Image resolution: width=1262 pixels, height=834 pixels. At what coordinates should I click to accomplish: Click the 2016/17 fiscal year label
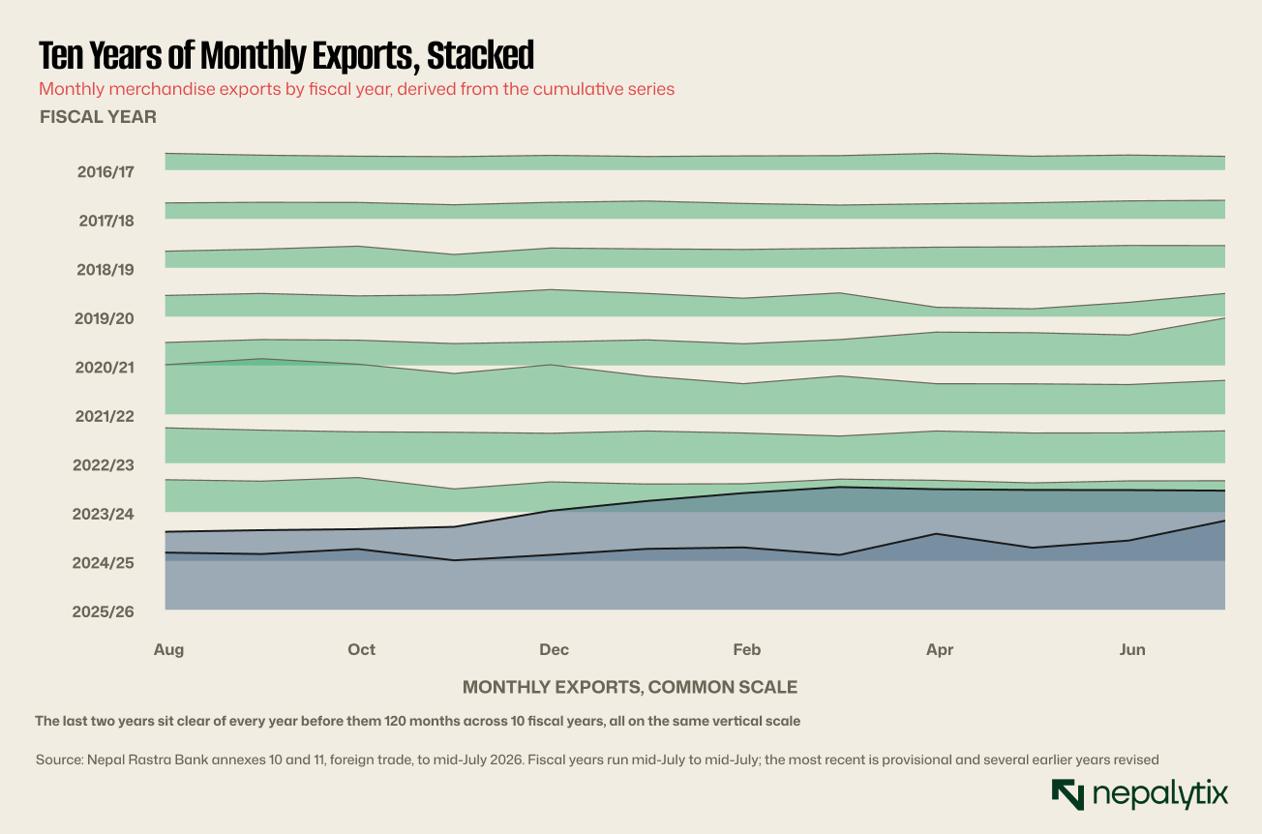105,172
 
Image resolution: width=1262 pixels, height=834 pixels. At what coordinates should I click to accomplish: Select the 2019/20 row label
105,318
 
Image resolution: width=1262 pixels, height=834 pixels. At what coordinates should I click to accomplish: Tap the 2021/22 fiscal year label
105,417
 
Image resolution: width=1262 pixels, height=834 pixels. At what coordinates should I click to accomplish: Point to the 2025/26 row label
104,612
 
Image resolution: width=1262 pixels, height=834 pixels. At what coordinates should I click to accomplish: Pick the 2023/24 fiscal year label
104,514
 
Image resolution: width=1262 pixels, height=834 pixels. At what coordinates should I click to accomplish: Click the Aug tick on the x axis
169,650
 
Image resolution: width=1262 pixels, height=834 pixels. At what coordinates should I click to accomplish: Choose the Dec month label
554,650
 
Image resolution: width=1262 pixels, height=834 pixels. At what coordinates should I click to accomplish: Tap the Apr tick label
940,650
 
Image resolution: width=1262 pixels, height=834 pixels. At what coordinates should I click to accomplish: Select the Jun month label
1132,650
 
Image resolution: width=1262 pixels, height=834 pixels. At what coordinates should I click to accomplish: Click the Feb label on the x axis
747,650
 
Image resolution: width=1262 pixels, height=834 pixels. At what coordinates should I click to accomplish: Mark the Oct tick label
361,650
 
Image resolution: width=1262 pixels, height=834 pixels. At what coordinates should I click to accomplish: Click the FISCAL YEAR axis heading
98,117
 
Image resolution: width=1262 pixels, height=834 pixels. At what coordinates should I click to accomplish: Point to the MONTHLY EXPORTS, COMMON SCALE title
630,687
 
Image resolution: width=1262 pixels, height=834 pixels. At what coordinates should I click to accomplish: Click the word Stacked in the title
480,55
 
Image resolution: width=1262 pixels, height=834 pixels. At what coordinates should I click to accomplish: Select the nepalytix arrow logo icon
1067,794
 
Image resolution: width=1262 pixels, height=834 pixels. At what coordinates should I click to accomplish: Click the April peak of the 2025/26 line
936,533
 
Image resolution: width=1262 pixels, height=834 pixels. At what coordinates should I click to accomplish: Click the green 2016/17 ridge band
695,163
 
